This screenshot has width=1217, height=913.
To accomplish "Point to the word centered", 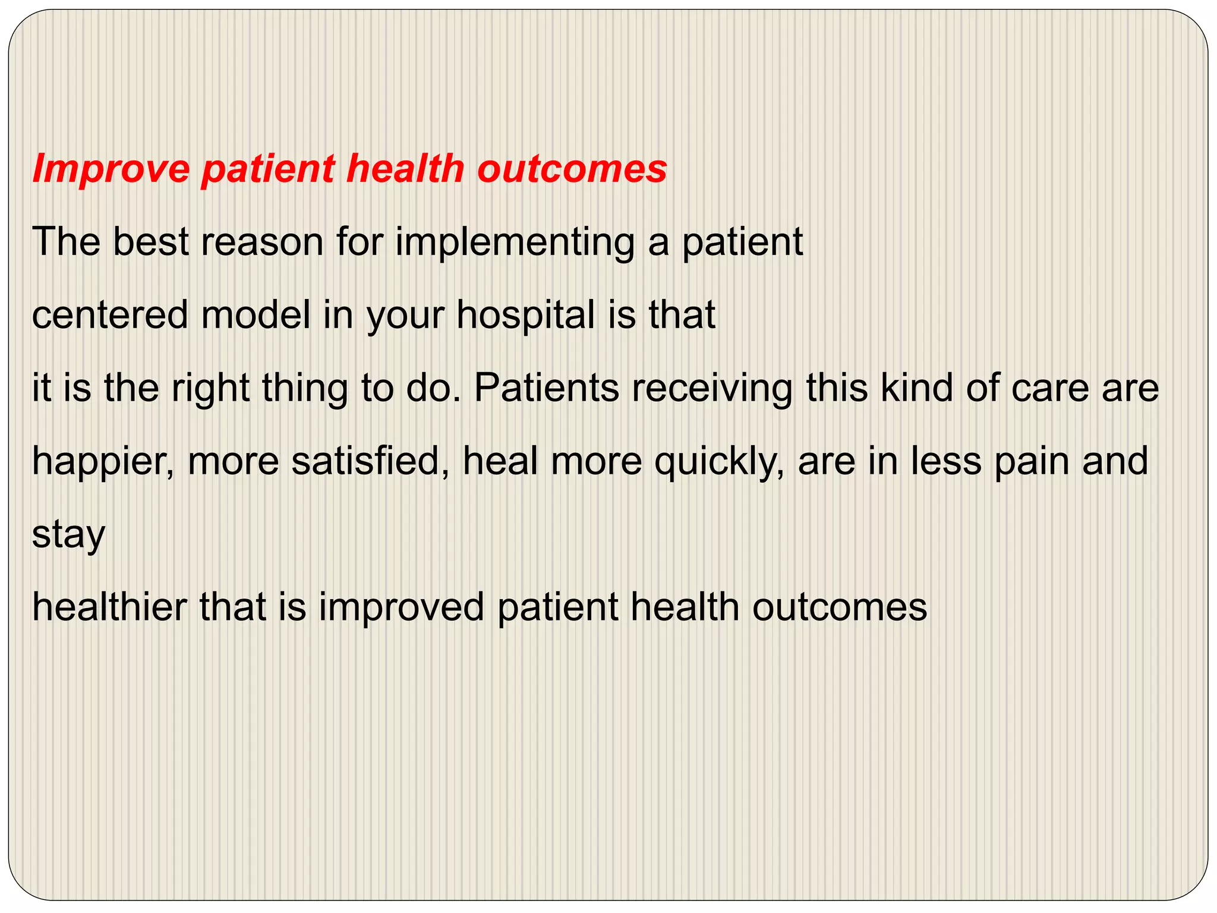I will coord(109,315).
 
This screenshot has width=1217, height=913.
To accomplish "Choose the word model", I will coord(256,315).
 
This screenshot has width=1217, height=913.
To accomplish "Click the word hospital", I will coord(526,315).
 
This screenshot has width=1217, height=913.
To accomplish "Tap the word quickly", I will coord(719,461).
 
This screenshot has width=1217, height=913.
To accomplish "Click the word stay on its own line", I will coord(68,534).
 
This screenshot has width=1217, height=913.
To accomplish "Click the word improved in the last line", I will coord(401,607).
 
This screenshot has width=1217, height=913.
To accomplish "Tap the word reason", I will coord(262,242).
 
